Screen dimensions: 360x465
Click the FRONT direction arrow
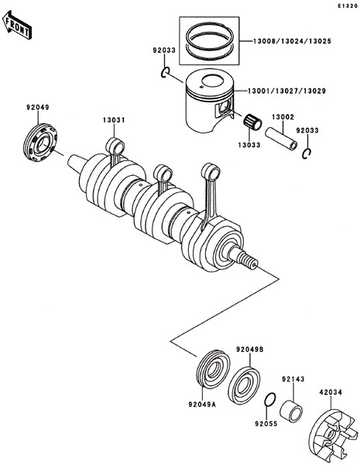(x=16, y=26)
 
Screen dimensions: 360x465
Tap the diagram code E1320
(x=348, y=5)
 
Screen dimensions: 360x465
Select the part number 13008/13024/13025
(x=292, y=41)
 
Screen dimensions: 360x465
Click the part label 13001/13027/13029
(x=286, y=91)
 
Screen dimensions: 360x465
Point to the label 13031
(x=114, y=120)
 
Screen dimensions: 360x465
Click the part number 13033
(x=249, y=145)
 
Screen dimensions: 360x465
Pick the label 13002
(x=283, y=117)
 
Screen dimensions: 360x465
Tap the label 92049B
(x=249, y=350)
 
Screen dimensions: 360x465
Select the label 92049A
(x=202, y=405)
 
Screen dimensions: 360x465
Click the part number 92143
(x=293, y=379)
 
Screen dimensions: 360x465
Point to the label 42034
(x=331, y=392)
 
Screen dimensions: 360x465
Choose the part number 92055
(x=266, y=424)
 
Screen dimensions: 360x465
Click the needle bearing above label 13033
(x=252, y=122)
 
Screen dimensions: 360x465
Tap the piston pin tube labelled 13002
(x=281, y=139)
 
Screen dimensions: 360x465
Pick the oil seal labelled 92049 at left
(x=40, y=143)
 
